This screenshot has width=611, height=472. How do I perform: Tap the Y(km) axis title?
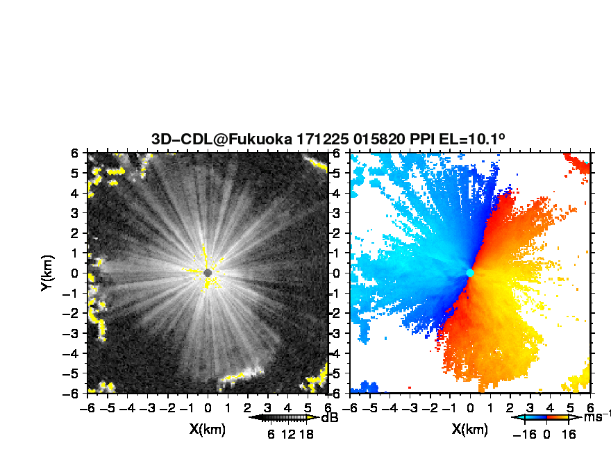coord(47,273)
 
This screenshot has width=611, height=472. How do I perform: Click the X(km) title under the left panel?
coord(208,429)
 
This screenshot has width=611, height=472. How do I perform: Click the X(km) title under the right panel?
coord(470,429)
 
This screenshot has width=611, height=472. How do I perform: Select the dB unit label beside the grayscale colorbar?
coord(329,418)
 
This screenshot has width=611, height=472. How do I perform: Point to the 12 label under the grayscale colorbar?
coord(288,434)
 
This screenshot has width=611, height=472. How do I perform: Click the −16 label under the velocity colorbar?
coord(524,434)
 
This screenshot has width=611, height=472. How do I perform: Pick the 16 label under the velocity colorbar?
coord(569,434)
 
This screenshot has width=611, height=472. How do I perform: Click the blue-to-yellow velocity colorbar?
coord(546,418)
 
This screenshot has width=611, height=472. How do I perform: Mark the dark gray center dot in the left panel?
coord(208,273)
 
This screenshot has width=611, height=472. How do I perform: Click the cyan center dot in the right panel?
coord(470,273)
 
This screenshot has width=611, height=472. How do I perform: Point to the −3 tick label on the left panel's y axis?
coord(71,333)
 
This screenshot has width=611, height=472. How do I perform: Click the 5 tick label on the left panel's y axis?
coord(74,173)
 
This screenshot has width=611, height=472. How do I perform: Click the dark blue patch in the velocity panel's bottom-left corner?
coord(365,387)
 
